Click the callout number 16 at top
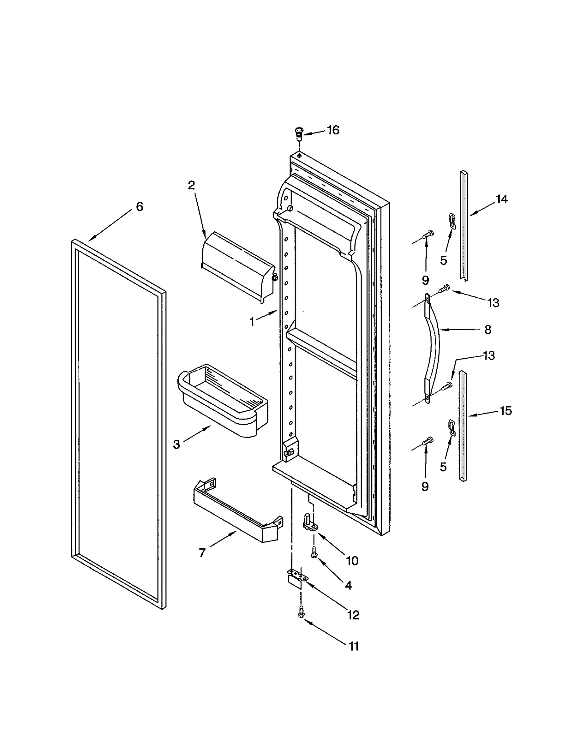click(x=333, y=130)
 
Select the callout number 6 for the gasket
click(x=139, y=206)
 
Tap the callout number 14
click(x=502, y=199)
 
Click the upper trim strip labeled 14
click(x=464, y=226)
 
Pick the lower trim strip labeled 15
click(x=463, y=427)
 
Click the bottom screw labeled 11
click(x=301, y=612)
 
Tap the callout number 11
click(x=353, y=646)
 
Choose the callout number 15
click(x=505, y=410)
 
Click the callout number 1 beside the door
click(x=252, y=321)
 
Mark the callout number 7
click(x=202, y=553)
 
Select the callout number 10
click(x=352, y=560)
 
